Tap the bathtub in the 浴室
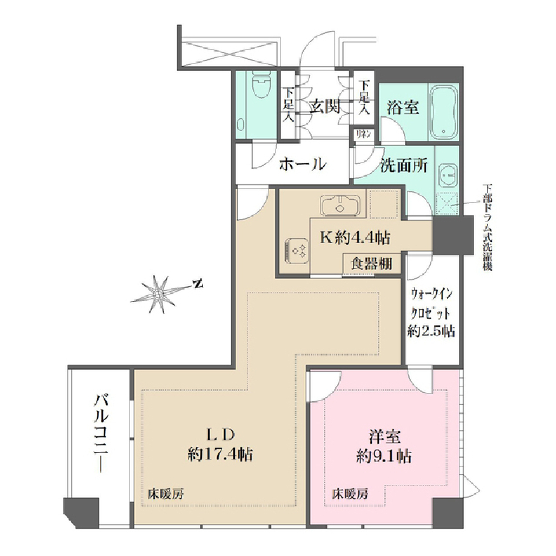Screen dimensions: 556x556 point(444,112)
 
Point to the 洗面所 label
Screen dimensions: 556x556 point(404,166)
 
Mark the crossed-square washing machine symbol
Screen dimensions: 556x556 point(447,203)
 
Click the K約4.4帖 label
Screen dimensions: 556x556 point(355,237)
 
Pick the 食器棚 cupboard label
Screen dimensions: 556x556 point(371,264)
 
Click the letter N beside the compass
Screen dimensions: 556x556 point(198,284)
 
